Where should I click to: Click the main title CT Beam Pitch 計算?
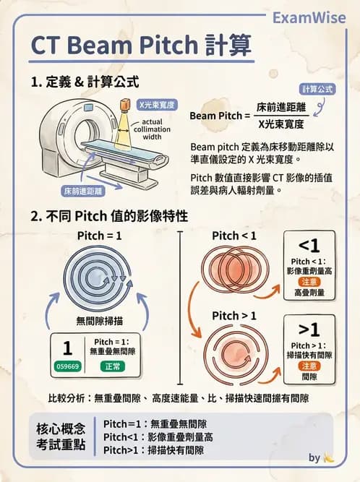pyautogui.click(x=142, y=46)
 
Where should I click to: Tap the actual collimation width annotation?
pyautogui.click(x=163, y=129)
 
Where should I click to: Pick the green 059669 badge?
pyautogui.click(x=67, y=366)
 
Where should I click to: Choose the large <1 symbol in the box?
pyautogui.click(x=309, y=246)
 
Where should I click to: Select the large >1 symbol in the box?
pyautogui.click(x=309, y=330)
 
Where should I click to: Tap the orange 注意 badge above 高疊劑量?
pyautogui.click(x=309, y=281)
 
